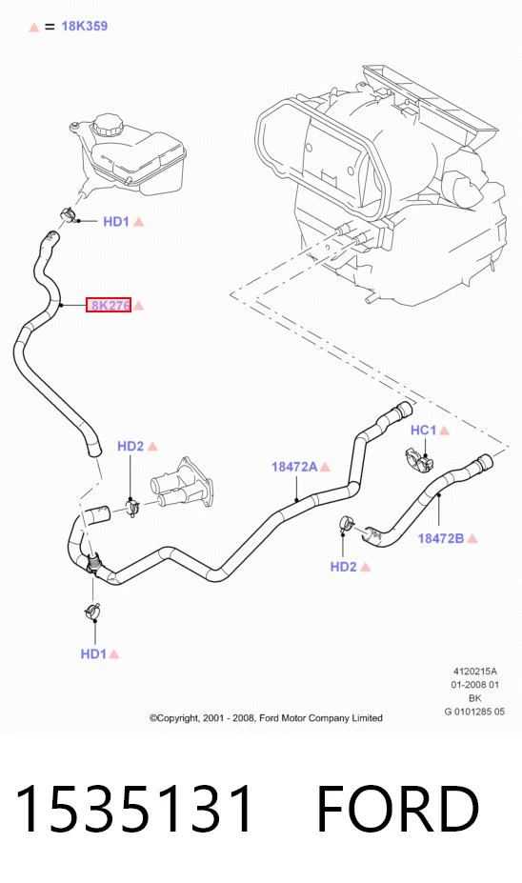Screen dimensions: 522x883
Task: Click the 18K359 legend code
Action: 84,26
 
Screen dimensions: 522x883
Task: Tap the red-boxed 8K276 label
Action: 109,305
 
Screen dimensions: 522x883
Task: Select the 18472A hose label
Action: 294,467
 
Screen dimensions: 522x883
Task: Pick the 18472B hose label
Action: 440,538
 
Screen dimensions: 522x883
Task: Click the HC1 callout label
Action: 424,431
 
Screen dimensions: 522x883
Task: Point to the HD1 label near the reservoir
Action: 116,221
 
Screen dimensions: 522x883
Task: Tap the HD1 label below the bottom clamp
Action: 93,653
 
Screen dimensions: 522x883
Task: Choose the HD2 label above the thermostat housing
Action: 130,446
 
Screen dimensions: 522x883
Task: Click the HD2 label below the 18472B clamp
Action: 344,567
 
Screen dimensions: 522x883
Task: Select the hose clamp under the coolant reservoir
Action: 69,214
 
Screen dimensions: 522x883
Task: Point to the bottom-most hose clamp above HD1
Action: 93,611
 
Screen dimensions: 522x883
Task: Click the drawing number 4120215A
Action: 475,672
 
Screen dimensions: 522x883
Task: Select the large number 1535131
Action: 134,808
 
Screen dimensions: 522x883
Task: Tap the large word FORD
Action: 397,808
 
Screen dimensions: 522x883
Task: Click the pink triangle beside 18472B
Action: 472,538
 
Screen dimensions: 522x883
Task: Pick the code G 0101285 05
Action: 474,712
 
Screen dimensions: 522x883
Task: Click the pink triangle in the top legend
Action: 33,27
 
